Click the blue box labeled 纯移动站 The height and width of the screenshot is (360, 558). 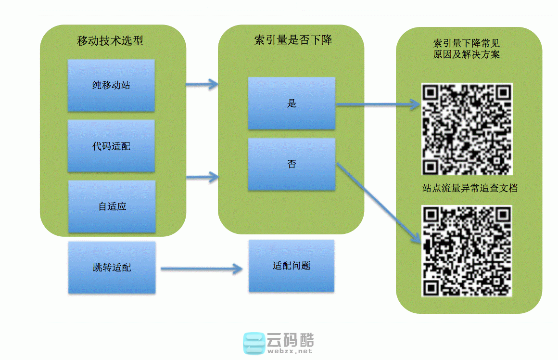click(111, 85)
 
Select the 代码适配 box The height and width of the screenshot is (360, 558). click(111, 146)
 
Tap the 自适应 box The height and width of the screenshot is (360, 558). click(112, 206)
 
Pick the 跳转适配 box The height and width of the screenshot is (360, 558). click(112, 267)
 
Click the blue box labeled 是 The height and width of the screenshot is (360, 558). click(292, 103)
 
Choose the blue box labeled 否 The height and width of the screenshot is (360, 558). click(292, 164)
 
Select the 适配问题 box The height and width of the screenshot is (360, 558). click(292, 265)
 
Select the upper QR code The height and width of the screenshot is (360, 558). click(467, 129)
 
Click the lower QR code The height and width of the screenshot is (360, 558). click(467, 251)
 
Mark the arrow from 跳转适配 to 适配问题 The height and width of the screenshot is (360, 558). click(202, 269)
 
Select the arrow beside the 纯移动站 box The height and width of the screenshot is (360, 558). click(202, 85)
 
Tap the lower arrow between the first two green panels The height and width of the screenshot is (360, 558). click(202, 178)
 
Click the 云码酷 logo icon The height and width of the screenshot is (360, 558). click(254, 343)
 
